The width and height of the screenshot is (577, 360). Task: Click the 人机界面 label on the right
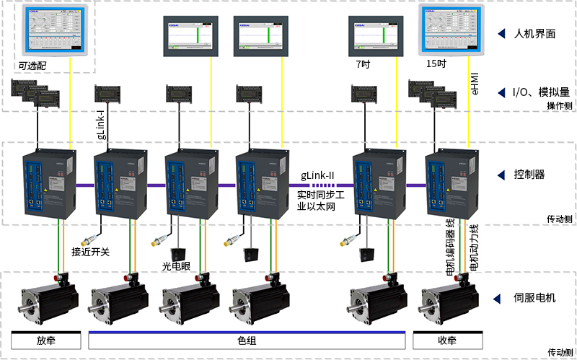(534, 34)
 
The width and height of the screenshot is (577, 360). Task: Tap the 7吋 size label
(363, 64)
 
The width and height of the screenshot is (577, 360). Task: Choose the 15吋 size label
(436, 64)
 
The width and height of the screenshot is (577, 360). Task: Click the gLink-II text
(317, 176)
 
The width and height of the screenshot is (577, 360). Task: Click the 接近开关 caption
(90, 252)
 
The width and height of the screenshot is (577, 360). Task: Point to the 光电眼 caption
(176, 266)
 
